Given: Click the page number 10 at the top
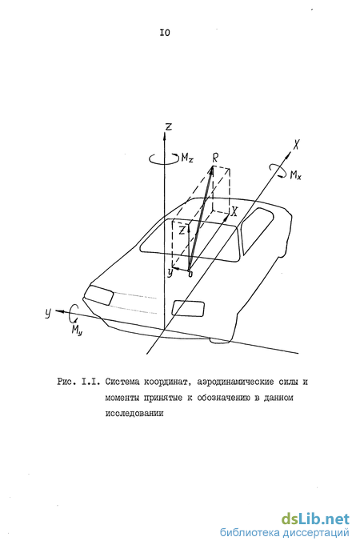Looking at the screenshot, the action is pyautogui.click(x=165, y=33).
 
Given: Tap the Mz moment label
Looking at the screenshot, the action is pyautogui.click(x=187, y=158).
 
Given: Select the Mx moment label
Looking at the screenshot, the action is pyautogui.click(x=296, y=174).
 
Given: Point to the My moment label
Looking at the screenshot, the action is pyautogui.click(x=77, y=330).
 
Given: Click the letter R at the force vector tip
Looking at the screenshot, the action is pyautogui.click(x=215, y=158).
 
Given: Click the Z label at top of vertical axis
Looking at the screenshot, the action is pyautogui.click(x=169, y=126).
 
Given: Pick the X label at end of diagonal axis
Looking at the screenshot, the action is pyautogui.click(x=296, y=144).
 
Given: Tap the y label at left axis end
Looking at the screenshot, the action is pyautogui.click(x=48, y=312).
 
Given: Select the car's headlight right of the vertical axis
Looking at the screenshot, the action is pyautogui.click(x=188, y=308).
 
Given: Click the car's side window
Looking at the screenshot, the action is pyautogui.click(x=258, y=230).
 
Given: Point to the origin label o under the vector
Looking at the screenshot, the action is pyautogui.click(x=190, y=274).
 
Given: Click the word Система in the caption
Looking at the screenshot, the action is pyautogui.click(x=122, y=382).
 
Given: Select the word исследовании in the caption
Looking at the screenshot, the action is pyautogui.click(x=134, y=413).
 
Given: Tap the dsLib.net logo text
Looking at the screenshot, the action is pyautogui.click(x=315, y=519).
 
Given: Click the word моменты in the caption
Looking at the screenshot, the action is pyautogui.click(x=122, y=398).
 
